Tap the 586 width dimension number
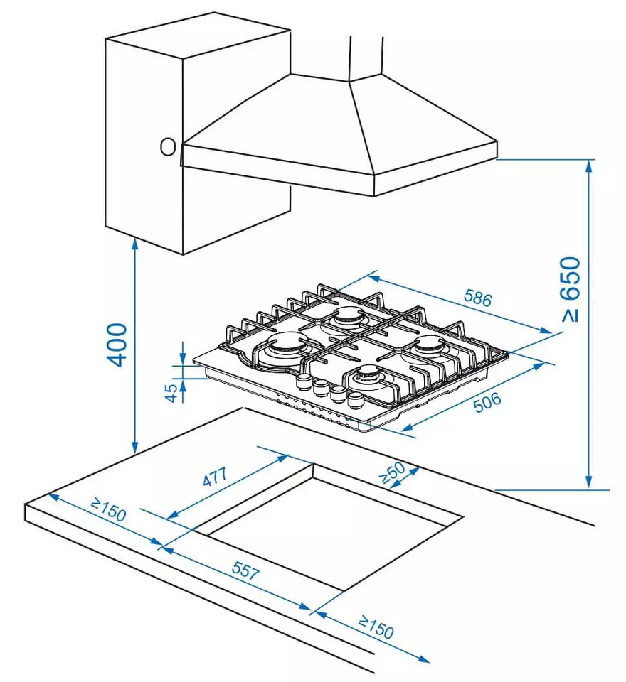click(477, 299)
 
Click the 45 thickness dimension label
click(171, 392)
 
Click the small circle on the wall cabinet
click(167, 146)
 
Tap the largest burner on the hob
click(284, 349)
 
